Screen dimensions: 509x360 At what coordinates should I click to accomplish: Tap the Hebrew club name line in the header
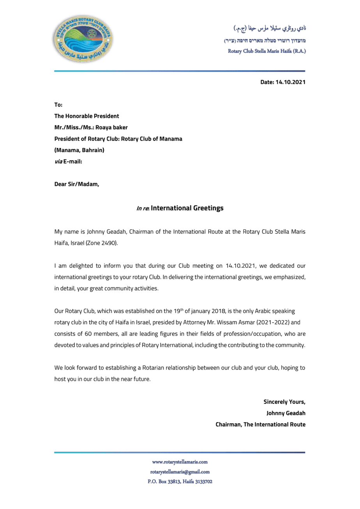[265, 41]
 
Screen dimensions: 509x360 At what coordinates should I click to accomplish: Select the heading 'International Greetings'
[187, 208]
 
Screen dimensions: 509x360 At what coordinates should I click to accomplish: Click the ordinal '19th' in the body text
[179, 311]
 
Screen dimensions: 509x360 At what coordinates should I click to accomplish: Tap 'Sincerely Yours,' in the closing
[284, 401]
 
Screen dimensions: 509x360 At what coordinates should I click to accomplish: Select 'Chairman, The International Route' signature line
[260, 424]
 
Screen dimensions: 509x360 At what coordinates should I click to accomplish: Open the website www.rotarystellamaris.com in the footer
[180, 462]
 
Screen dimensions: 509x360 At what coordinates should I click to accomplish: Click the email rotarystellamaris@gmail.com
[180, 472]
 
